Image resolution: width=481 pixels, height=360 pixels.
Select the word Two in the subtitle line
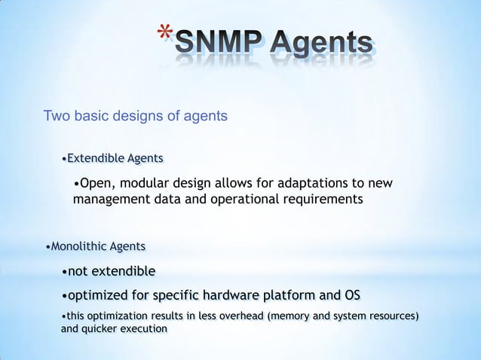(57, 116)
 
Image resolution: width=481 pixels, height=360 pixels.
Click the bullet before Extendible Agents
(64, 159)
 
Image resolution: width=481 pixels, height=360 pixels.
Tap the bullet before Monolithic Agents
(48, 248)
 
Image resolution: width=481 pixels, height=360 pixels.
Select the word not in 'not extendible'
(78, 271)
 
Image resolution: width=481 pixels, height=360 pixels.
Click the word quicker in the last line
(100, 328)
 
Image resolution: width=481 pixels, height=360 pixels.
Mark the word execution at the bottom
(145, 328)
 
